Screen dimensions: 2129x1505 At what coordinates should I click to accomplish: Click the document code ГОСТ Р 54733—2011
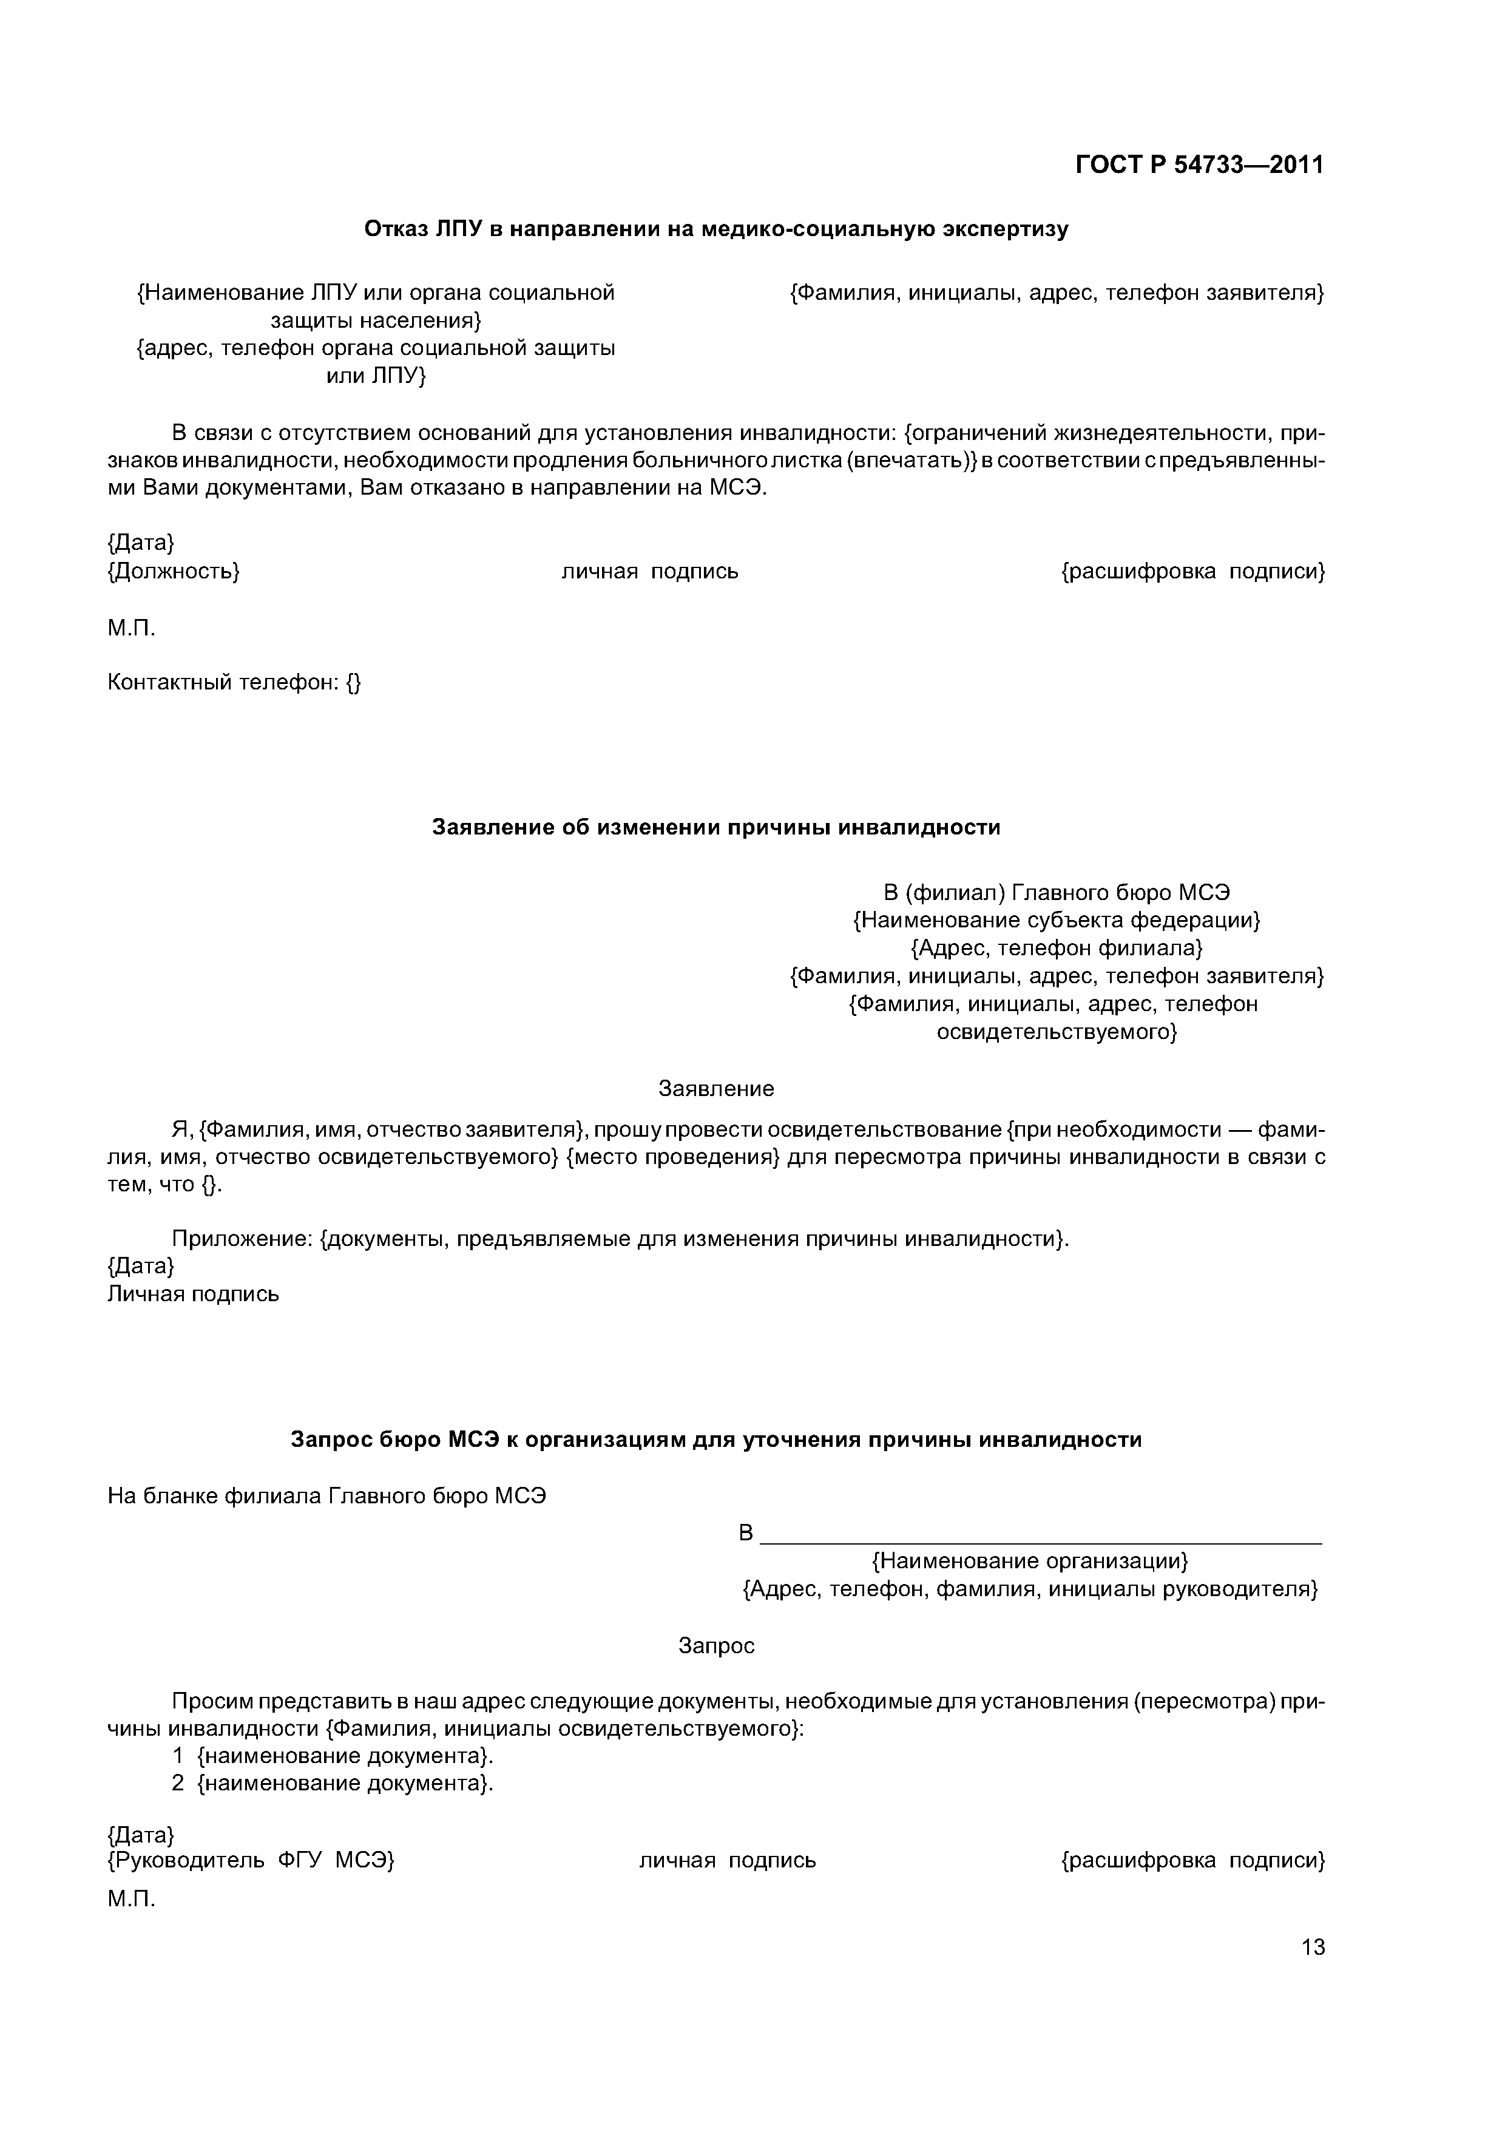[x=1199, y=165]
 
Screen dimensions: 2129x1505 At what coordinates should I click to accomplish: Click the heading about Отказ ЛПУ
[x=716, y=229]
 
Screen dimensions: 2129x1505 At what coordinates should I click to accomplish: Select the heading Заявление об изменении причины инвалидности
[x=716, y=827]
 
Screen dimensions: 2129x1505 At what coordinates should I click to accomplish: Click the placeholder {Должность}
[x=174, y=571]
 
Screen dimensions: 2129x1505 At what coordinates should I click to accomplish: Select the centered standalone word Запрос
[x=716, y=1645]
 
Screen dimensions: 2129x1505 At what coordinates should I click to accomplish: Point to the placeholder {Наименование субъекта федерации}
[x=1056, y=920]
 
